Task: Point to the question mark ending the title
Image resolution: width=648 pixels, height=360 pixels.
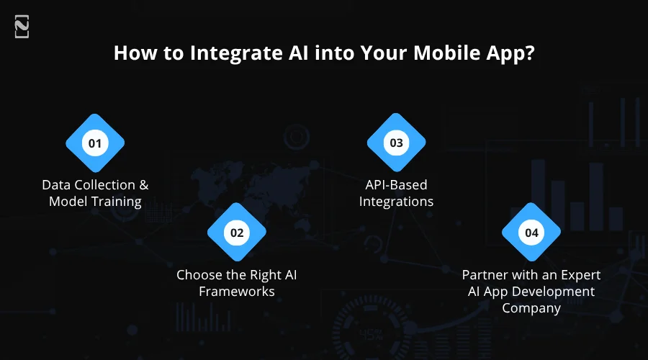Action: click(529, 55)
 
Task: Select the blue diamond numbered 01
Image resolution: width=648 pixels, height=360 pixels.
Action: click(95, 143)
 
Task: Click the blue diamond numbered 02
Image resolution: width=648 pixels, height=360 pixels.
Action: click(237, 233)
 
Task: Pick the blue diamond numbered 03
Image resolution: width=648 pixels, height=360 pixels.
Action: click(397, 143)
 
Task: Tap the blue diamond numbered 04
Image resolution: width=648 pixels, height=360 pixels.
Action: click(531, 233)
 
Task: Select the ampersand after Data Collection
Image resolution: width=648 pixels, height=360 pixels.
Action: click(144, 185)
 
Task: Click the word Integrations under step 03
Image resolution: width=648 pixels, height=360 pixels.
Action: click(397, 202)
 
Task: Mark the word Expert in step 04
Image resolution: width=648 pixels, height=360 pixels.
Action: click(578, 275)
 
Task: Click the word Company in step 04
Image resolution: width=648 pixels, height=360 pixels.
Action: click(531, 308)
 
